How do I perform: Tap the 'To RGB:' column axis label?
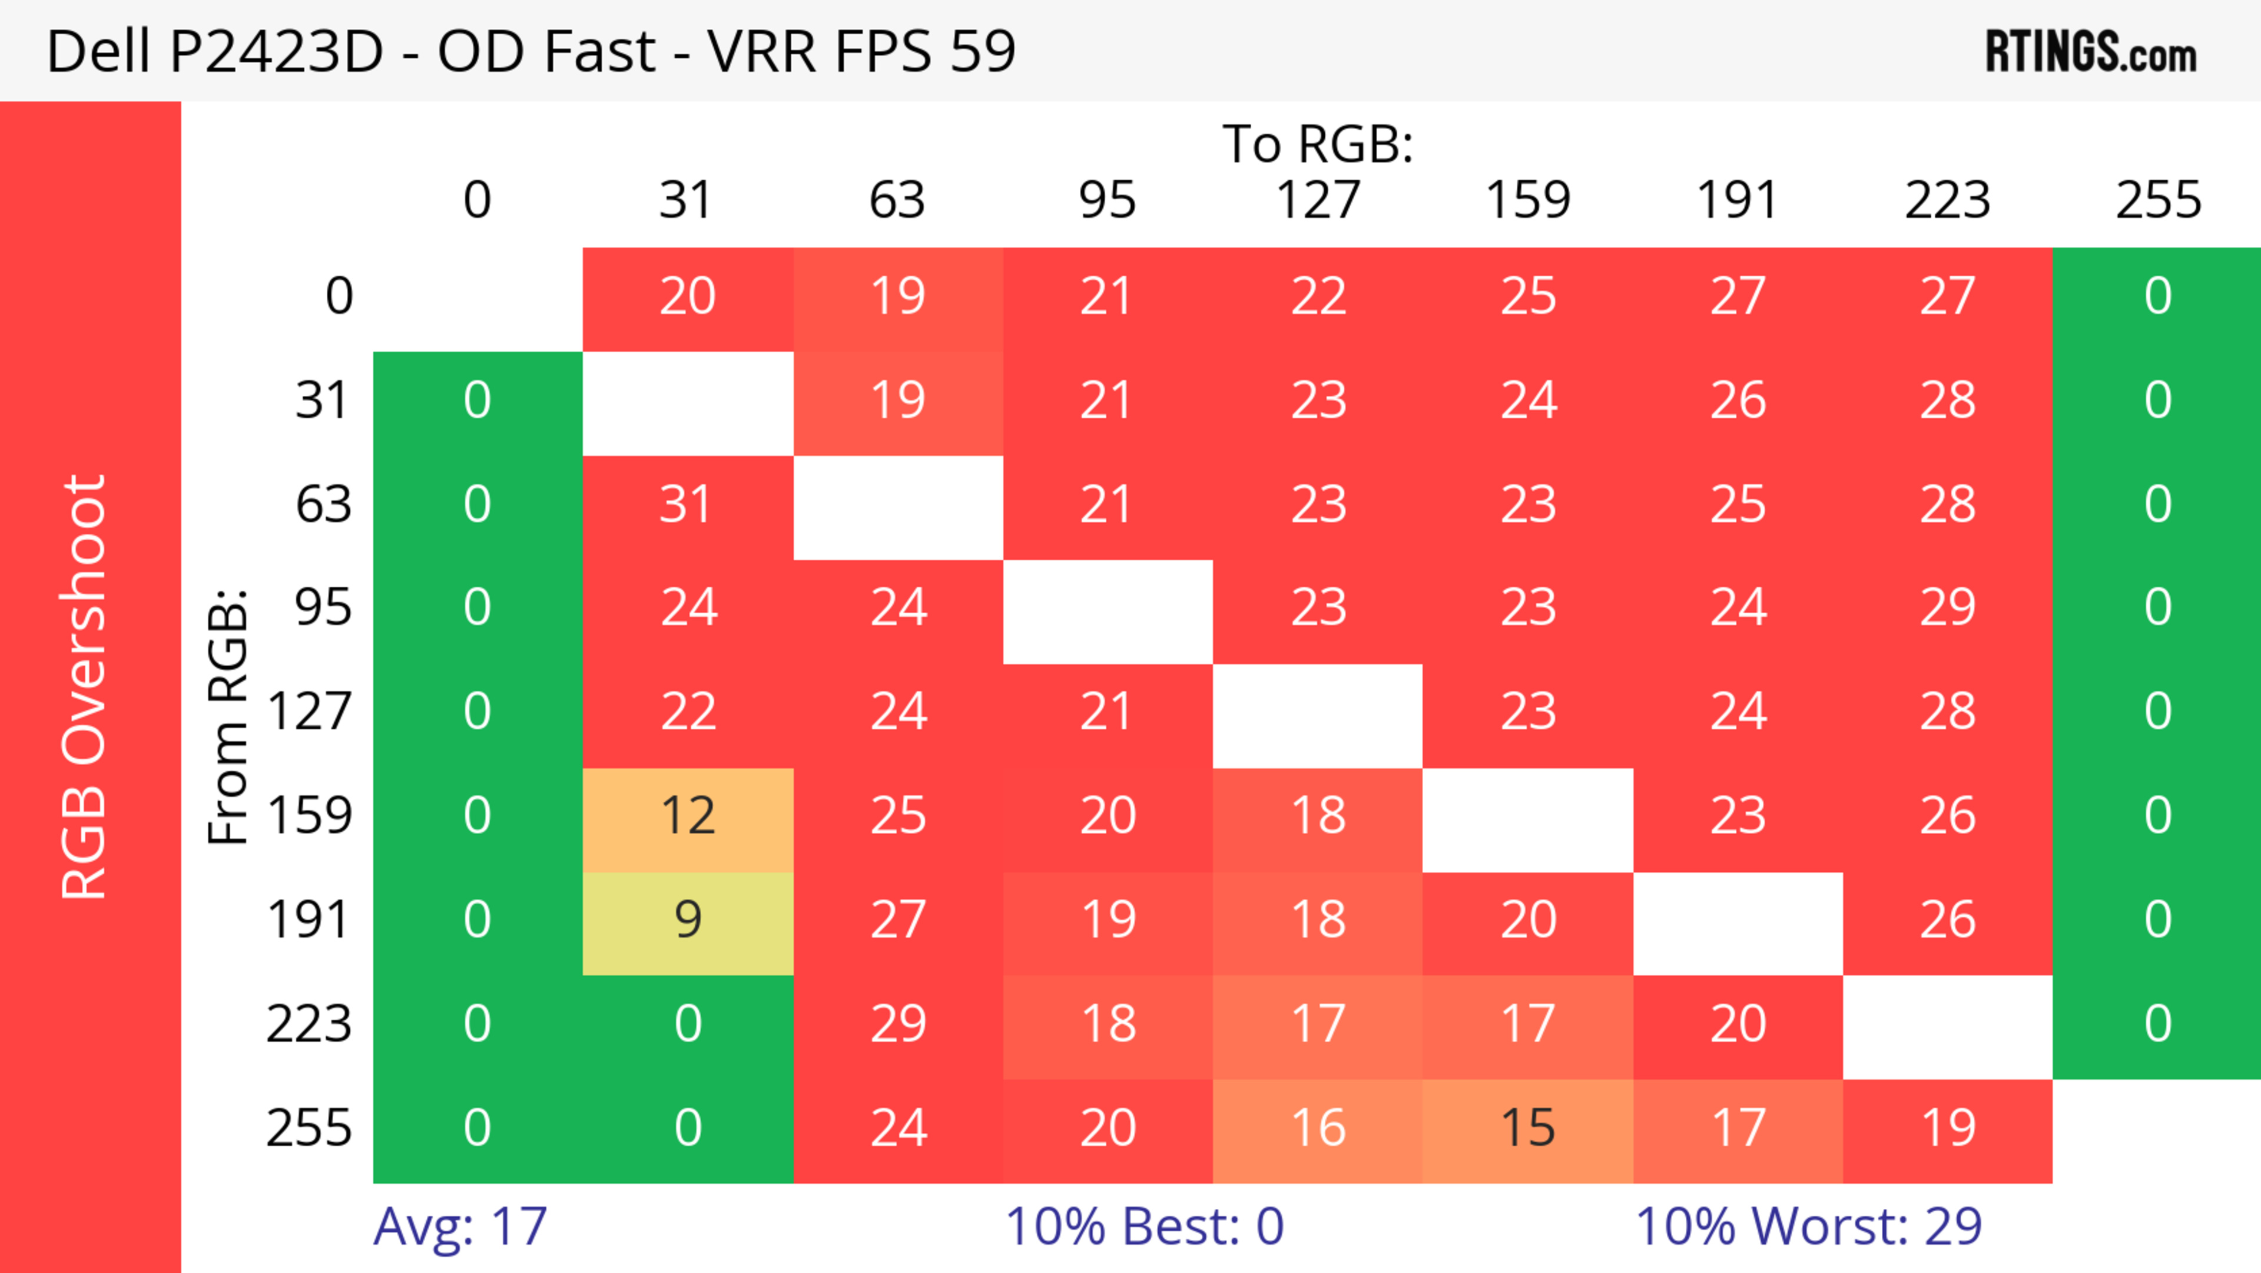click(1318, 144)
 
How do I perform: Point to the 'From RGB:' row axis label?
click(228, 716)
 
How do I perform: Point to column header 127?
click(1318, 200)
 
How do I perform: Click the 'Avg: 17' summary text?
click(460, 1226)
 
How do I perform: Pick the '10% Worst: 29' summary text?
click(1808, 1226)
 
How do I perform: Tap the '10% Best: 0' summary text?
click(1143, 1226)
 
